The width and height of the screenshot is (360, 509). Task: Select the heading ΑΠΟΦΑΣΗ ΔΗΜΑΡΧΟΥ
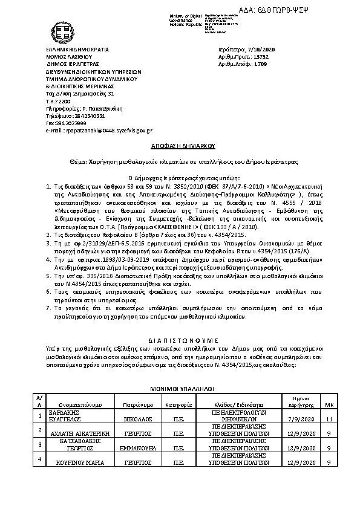[179, 146]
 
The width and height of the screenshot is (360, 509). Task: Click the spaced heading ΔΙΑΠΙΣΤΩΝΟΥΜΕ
[179, 340]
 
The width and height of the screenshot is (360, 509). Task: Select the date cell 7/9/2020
[301, 418]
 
